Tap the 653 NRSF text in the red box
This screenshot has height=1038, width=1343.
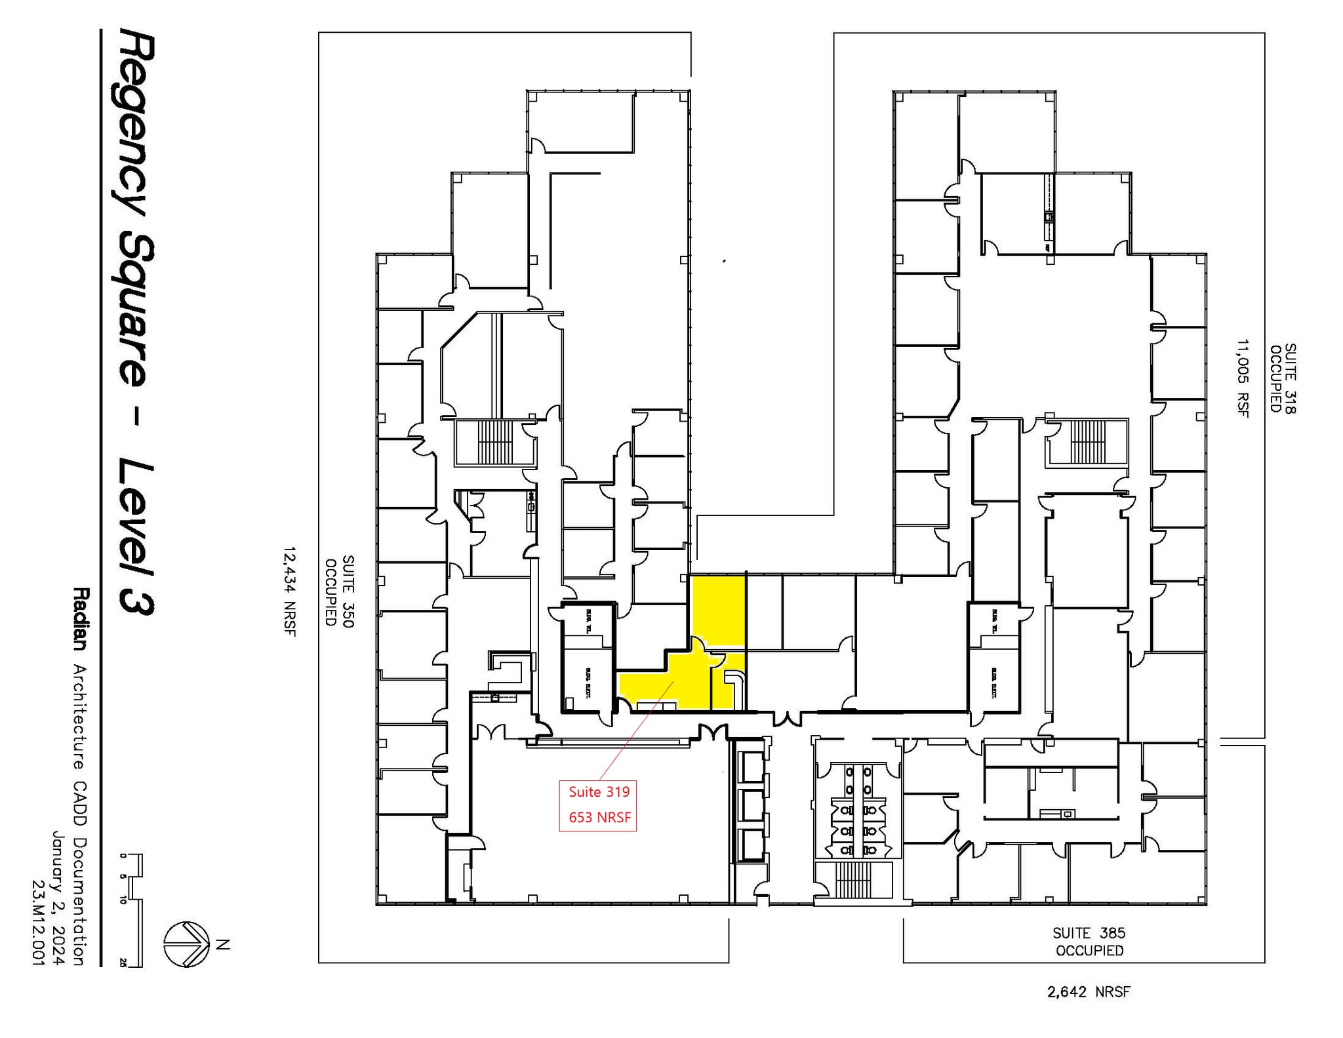click(599, 818)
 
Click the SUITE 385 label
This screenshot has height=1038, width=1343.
click(1089, 932)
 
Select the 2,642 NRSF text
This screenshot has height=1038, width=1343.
click(1089, 992)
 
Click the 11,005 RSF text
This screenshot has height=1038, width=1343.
click(1243, 378)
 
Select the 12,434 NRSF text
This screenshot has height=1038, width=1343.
click(290, 591)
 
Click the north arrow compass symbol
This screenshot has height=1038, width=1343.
click(186, 944)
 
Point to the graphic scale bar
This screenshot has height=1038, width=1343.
click(133, 910)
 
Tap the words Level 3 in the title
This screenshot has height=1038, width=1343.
click(136, 538)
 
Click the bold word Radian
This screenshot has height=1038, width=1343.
click(79, 618)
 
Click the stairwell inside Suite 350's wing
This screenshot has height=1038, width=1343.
click(494, 442)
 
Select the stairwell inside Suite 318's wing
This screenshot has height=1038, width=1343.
click(1087, 441)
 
